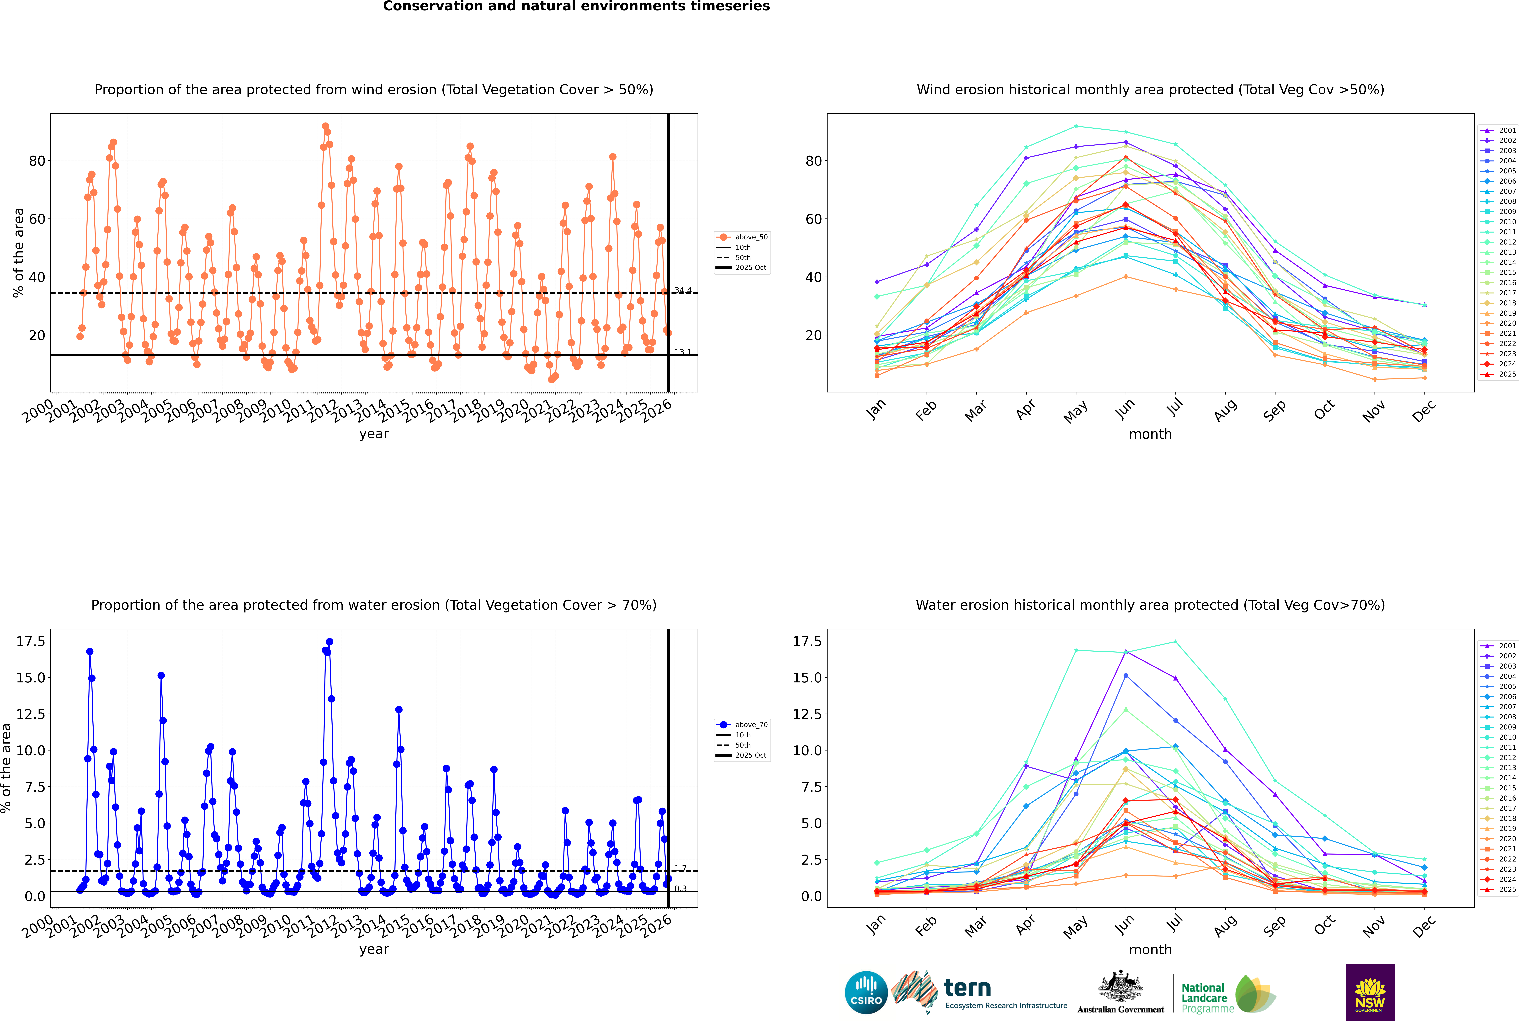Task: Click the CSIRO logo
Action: (866, 992)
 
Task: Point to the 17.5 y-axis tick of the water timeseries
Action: (31, 641)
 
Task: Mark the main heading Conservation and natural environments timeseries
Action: (576, 6)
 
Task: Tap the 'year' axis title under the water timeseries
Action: (374, 949)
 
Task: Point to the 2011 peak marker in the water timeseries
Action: (329, 642)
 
